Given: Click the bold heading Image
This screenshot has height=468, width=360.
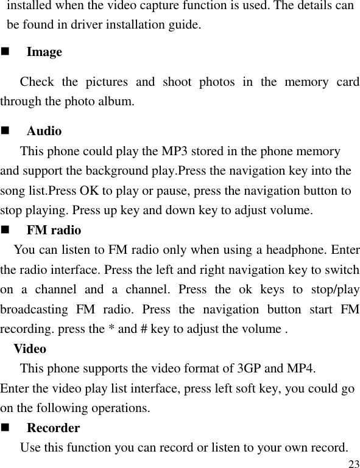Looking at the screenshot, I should coord(44,52).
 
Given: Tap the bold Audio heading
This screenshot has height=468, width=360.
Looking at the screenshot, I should coord(44,131).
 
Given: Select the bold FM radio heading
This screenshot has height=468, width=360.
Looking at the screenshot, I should coord(54,231).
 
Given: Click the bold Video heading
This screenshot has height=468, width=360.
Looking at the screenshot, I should coord(29,349).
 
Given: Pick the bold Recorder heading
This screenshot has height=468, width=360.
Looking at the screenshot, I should coord(53,428).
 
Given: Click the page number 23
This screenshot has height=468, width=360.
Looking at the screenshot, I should coord(353,464).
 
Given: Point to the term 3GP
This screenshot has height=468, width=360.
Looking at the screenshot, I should coord(250,369).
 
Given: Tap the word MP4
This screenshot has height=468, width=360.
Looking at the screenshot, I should coord(301,369).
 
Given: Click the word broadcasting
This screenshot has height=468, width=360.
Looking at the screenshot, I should coord(34,309).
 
